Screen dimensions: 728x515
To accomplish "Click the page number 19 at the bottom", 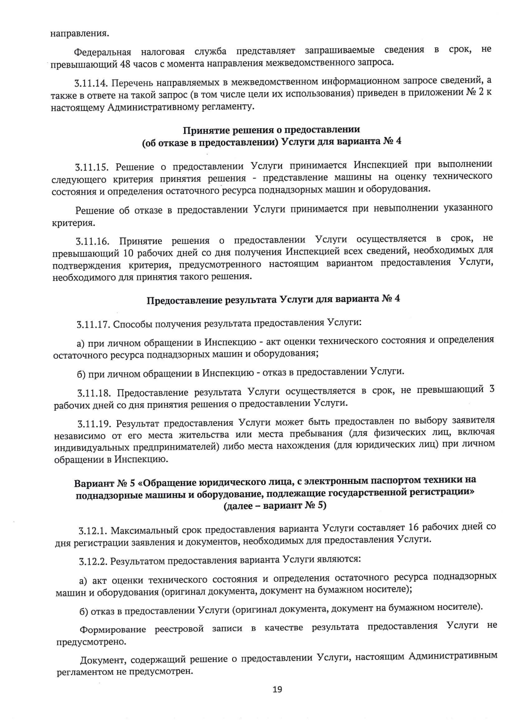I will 277,689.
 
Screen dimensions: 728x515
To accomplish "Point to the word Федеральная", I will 102,52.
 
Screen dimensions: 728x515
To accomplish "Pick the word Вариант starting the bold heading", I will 93,483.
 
